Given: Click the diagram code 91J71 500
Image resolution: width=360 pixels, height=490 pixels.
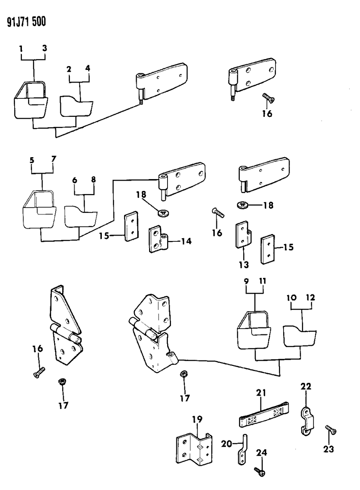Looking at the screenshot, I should pos(26,22).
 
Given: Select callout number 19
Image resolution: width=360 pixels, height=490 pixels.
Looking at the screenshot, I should pos(197,419).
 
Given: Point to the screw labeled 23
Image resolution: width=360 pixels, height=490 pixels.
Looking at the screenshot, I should pos(330,430).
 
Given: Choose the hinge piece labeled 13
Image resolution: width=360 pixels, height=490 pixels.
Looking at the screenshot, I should pos(242,234).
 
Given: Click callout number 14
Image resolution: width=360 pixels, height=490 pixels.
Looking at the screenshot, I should pos(186,241).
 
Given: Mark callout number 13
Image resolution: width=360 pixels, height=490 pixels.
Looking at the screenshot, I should pos(244,264).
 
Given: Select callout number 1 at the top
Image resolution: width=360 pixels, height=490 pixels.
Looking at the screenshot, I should pos(21,49).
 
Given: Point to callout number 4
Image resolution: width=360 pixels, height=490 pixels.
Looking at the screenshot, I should pos(88,69).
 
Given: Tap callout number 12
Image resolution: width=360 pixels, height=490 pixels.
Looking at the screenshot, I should pos(310,298).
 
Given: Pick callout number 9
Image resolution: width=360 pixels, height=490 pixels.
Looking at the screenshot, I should pos(246,282).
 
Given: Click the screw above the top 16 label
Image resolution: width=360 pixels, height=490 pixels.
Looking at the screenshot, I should pos(268,98).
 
